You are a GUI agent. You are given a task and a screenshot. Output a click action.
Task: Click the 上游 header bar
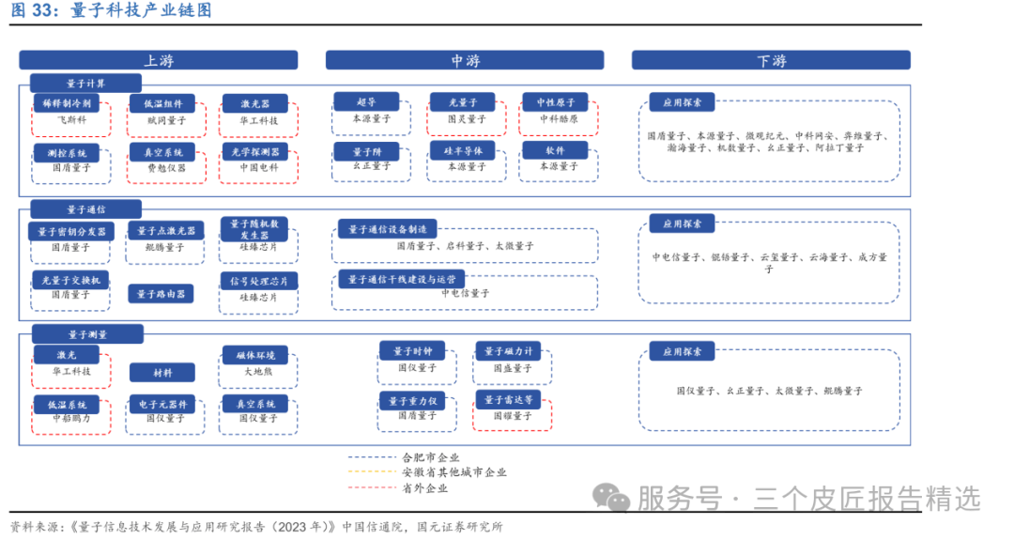point(158,60)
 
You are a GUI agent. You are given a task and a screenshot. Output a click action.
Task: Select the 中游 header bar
point(465,60)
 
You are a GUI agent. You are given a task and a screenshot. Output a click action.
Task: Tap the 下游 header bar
point(770,60)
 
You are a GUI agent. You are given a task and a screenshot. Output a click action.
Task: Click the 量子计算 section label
point(85,84)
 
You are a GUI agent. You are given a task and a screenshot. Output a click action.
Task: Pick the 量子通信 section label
point(85,208)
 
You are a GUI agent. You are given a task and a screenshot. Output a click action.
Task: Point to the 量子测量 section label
point(86,333)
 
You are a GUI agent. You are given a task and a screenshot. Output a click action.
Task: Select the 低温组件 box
point(162,103)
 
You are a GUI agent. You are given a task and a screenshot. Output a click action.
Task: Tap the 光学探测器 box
point(254,151)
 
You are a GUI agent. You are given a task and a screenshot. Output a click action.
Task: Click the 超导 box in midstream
point(366,101)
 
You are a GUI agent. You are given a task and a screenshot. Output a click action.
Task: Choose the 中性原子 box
point(555,101)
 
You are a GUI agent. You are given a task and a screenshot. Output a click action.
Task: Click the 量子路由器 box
point(161,294)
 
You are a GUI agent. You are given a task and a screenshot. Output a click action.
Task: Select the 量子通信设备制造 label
point(387,228)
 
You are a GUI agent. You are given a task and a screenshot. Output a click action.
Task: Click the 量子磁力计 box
point(507,350)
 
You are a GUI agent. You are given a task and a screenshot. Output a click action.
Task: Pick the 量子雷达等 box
point(508,399)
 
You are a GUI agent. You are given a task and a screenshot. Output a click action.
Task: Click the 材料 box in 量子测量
point(161,373)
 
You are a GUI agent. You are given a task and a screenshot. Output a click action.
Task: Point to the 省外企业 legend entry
point(424,487)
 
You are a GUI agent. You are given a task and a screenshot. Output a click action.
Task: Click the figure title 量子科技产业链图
point(141,10)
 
